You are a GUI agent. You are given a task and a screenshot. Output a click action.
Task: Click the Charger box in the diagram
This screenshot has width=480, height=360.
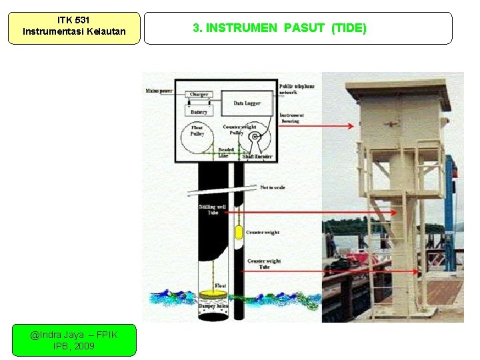tap(199, 95)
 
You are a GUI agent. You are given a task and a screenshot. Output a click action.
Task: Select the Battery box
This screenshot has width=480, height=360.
tap(199, 112)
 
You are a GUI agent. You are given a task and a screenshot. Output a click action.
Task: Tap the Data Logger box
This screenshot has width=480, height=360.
tap(247, 103)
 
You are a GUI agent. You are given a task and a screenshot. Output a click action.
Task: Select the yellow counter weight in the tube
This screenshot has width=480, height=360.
tap(238, 233)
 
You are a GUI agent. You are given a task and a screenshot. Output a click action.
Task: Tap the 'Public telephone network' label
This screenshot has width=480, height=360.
tap(297, 89)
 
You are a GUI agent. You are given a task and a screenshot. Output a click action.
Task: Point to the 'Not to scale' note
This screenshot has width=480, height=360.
tap(272, 187)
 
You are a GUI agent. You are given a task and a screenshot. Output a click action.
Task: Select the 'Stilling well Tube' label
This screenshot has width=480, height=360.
tap(213, 209)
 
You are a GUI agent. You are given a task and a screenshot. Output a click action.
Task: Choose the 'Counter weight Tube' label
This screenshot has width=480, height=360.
tap(264, 263)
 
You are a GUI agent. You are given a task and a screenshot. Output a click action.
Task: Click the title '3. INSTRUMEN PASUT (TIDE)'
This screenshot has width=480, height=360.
tap(279, 28)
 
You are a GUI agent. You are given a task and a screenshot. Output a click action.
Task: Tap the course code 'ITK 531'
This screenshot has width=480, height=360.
tap(74, 20)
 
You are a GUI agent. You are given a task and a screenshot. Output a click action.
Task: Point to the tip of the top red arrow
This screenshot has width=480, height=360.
tap(353, 125)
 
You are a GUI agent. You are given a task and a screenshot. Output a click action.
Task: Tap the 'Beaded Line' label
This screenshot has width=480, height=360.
tap(226, 153)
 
